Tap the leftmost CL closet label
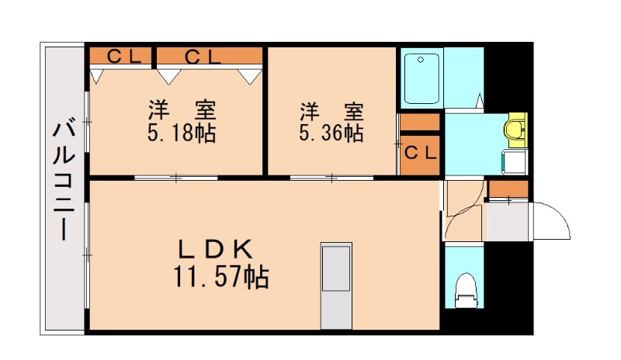pyautogui.click(x=123, y=56)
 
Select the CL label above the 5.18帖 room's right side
pyautogui.click(x=203, y=56)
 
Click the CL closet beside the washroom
pyautogui.click(x=420, y=152)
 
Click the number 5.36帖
pyautogui.click(x=331, y=133)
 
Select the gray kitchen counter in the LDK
pyautogui.click(x=337, y=286)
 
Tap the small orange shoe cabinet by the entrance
pyautogui.click(x=508, y=189)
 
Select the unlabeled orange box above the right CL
pyautogui.click(x=420, y=122)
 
